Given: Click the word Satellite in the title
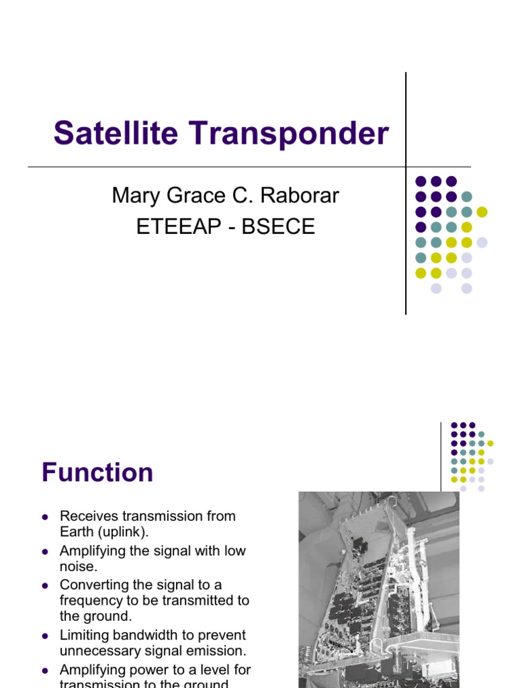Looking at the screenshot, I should tap(117, 133).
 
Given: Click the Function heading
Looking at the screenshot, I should tap(97, 472).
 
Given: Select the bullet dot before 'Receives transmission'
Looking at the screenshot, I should tap(45, 517).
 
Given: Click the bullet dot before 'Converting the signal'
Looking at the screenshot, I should tap(45, 585).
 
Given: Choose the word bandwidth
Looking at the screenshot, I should tap(150, 635).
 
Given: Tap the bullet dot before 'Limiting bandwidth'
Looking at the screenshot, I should tap(45, 636).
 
